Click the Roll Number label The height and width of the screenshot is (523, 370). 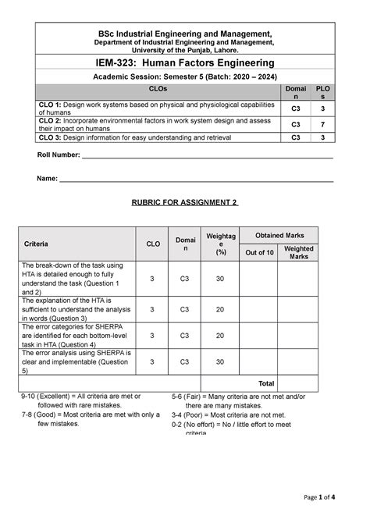tap(59, 156)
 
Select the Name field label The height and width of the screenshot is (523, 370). tap(48, 179)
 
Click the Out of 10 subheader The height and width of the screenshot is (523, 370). tap(259, 252)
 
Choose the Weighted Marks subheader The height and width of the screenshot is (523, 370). tap(299, 252)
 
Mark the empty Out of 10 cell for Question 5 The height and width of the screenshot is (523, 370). tap(259, 361)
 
